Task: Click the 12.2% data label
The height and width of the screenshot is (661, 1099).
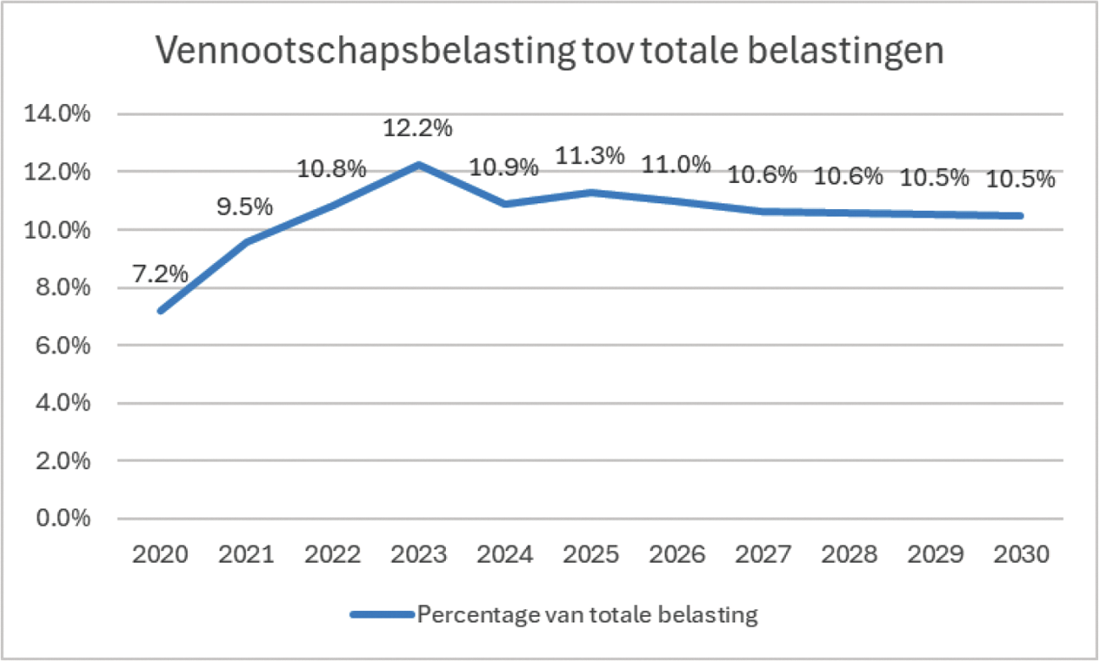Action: [x=417, y=129]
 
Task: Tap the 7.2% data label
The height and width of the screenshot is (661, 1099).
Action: [x=160, y=274]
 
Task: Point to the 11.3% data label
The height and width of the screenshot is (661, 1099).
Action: [x=590, y=157]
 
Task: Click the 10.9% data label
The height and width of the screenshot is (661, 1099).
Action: [x=504, y=168]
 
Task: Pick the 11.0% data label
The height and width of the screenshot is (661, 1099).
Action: [x=676, y=165]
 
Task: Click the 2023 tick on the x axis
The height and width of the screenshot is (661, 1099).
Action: [x=418, y=555]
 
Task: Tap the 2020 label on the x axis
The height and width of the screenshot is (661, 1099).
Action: [x=160, y=555]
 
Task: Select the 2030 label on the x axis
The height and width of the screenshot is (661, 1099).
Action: [x=1022, y=555]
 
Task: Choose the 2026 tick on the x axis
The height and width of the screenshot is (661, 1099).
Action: [x=677, y=555]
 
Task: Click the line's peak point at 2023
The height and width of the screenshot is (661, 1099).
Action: [x=418, y=164]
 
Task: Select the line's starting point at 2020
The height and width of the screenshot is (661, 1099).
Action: [x=160, y=311]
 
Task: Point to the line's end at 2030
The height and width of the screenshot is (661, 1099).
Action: [x=1022, y=216]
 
